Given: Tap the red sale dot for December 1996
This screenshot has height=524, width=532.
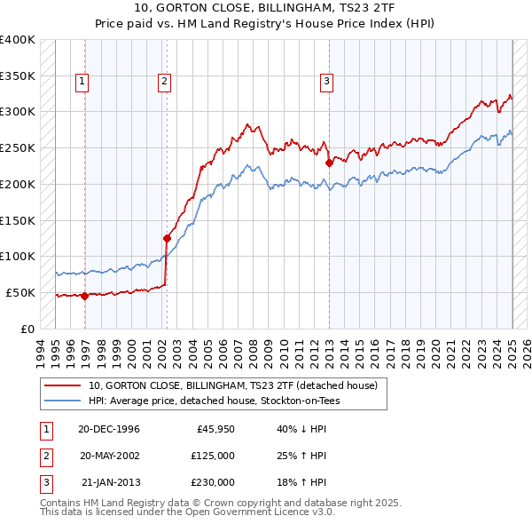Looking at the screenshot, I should click(85, 296).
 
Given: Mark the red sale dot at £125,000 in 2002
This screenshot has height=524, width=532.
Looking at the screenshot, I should click(166, 238).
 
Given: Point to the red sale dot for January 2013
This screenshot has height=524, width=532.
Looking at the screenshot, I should click(329, 163).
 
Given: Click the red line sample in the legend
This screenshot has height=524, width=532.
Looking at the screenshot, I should click(64, 385).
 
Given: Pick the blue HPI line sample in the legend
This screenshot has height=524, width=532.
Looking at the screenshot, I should click(64, 401).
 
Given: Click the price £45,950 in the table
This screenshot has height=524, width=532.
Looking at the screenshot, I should click(213, 429).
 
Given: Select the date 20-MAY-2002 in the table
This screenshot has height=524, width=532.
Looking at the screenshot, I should click(108, 456).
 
